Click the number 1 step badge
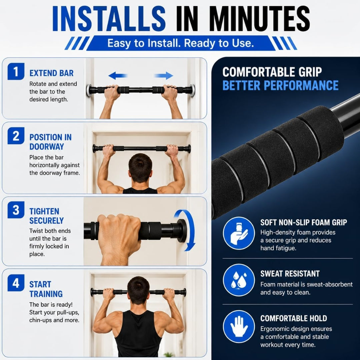[x=16, y=71]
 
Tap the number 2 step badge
[x=16, y=136]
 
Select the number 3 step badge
[x=16, y=210]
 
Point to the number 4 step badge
[x=16, y=283]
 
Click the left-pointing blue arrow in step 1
[x=118, y=76]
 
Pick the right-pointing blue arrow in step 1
[x=164, y=76]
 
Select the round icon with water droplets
[x=239, y=280]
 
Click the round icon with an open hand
[x=239, y=326]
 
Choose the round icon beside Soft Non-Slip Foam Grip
[x=239, y=233]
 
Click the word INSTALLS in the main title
[x=109, y=19]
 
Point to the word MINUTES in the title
[x=260, y=19]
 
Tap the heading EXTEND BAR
[x=51, y=73]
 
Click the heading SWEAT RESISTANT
[x=290, y=274]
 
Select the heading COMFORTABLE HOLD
[x=294, y=318]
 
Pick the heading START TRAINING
[x=46, y=289]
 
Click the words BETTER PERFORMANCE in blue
[x=280, y=85]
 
